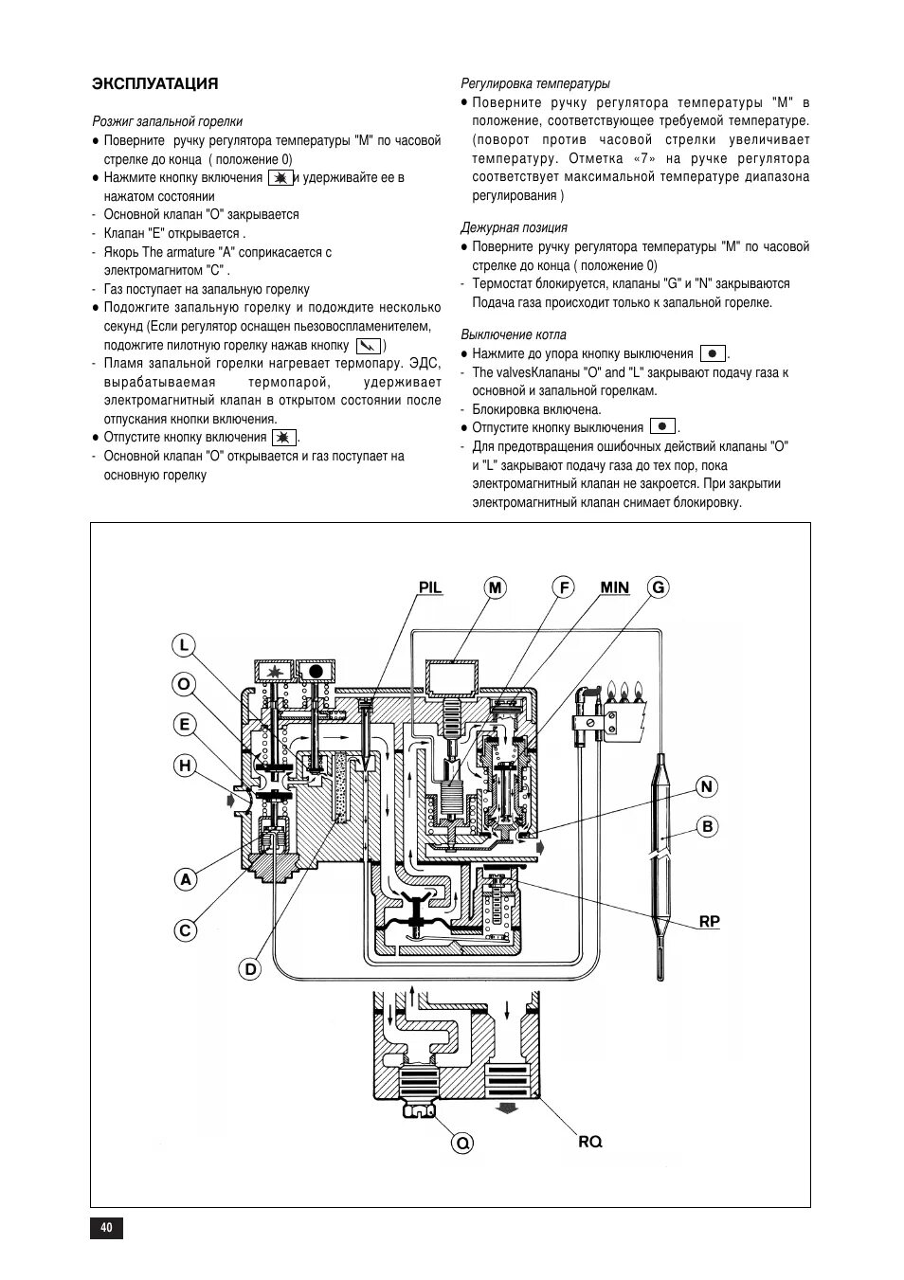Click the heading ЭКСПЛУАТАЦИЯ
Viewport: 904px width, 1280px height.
(x=154, y=83)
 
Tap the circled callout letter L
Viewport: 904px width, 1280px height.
(x=184, y=646)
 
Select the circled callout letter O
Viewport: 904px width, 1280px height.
(x=184, y=684)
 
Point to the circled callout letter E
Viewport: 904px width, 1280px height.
(x=184, y=725)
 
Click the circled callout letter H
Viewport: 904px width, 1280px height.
(x=184, y=766)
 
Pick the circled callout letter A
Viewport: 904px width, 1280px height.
(x=186, y=879)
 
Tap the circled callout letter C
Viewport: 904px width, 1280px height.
(x=186, y=930)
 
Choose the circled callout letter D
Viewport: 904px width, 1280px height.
(x=250, y=969)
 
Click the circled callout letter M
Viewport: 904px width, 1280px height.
(x=495, y=587)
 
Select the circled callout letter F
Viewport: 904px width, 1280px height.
(x=565, y=587)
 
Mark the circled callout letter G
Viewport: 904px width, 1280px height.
(x=659, y=587)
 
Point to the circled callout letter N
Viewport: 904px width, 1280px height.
(x=707, y=786)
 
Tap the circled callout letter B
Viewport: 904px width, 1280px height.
(x=707, y=826)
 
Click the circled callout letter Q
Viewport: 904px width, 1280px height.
(x=462, y=1144)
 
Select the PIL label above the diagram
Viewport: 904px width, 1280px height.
(x=430, y=587)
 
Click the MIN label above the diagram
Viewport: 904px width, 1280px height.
(x=614, y=587)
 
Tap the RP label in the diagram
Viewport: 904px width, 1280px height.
(x=710, y=921)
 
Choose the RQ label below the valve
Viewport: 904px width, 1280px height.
(x=590, y=1143)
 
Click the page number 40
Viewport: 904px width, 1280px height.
(x=106, y=1228)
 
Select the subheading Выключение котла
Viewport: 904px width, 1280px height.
(x=514, y=334)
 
